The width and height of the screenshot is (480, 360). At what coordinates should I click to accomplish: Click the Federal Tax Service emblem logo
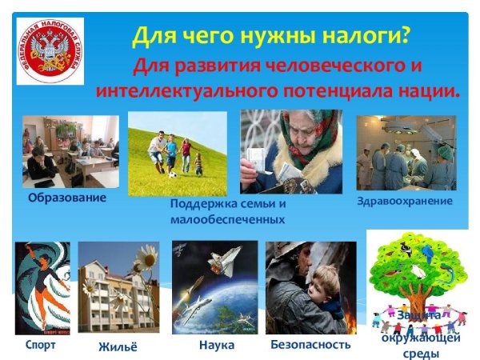pos(51,52)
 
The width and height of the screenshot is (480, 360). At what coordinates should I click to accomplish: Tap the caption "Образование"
pos(66,197)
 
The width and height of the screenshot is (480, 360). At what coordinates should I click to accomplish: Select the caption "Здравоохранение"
pos(405,200)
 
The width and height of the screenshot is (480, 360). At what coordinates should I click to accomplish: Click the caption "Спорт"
pos(40,345)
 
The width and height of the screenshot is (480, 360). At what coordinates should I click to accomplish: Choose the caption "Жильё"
pos(118,346)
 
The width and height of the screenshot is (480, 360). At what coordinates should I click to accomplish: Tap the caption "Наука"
pos(217,345)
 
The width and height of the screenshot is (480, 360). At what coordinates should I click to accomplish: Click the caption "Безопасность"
pos(310,345)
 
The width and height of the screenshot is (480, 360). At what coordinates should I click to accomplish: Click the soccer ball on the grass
pos(171,173)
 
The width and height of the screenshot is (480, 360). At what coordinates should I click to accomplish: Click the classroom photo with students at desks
pos(70,151)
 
